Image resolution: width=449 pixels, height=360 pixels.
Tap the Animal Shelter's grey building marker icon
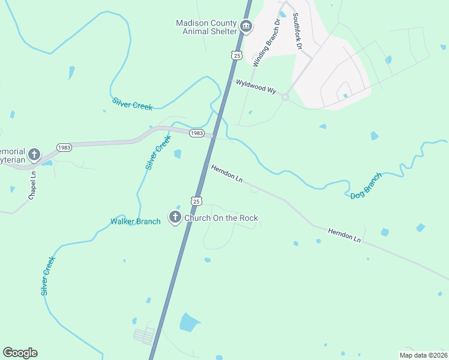coord(246,26)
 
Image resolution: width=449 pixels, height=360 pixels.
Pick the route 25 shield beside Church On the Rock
coord(196,200)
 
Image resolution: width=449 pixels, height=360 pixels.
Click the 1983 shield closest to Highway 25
coord(196,133)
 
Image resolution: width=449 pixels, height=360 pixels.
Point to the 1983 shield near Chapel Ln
coord(64,147)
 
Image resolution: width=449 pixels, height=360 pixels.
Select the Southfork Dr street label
coord(295,32)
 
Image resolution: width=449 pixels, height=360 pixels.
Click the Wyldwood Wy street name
coord(256,86)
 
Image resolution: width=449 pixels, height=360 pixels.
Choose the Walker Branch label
coord(136,221)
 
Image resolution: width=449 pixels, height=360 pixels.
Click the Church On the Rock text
coord(221,218)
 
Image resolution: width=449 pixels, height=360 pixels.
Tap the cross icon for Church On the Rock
coord(175,217)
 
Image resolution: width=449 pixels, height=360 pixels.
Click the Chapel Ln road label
coord(32,187)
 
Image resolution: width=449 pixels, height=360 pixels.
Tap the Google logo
coord(20,353)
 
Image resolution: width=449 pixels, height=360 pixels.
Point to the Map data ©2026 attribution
coord(423,355)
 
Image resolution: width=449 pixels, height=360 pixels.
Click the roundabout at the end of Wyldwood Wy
coord(285,97)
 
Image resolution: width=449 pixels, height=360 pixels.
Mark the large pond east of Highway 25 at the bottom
coord(190,323)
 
